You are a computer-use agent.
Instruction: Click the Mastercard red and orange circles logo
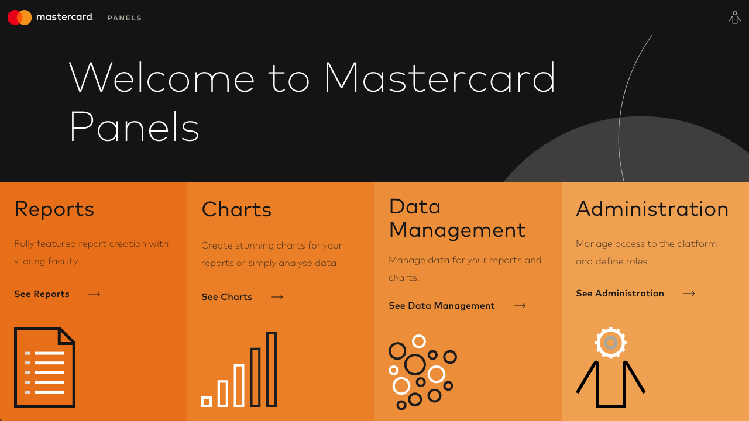[x=20, y=18]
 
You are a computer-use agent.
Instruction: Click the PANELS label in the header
[x=125, y=18]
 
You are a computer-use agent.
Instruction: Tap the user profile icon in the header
[x=734, y=18]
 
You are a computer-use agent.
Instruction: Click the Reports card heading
[x=54, y=209]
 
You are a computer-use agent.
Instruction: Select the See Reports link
[x=42, y=294]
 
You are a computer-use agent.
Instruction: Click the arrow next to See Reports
[x=94, y=294]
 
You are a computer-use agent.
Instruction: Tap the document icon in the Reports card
[x=44, y=368]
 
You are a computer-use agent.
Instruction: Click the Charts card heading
[x=236, y=209]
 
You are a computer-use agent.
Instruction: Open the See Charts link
[x=226, y=296]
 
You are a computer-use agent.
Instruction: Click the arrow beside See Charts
[x=277, y=297]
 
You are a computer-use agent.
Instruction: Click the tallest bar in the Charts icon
[x=272, y=369]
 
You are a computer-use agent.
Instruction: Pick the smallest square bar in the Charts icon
[x=207, y=402]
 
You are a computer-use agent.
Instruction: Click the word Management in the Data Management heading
[x=458, y=231]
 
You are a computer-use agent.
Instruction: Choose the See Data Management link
[x=442, y=306]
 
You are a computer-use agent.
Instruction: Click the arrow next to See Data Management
[x=520, y=306]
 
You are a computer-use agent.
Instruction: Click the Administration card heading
[x=652, y=209]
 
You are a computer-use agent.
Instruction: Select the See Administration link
[x=620, y=294]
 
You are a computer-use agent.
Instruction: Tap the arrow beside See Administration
[x=689, y=294]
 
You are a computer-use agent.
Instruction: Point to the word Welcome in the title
[x=162, y=78]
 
